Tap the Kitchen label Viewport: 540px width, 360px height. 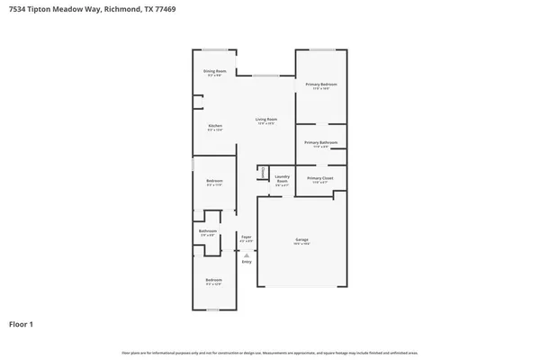pos(215,125)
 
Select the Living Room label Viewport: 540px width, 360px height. pos(265,119)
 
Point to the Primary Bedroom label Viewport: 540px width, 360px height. pos(320,84)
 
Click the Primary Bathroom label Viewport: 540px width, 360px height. pos(320,142)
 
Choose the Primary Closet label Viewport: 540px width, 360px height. pos(320,178)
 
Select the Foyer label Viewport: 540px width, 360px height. pos(246,238)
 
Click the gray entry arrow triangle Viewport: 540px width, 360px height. pos(246,255)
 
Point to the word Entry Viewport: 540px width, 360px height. pos(246,262)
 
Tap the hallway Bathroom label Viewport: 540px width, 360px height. pos(208,231)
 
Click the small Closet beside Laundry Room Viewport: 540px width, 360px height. pos(263,171)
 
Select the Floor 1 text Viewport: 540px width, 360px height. pos(21,324)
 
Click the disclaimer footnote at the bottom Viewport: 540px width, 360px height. pos(270,354)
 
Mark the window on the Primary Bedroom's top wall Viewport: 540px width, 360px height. pos(322,49)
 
